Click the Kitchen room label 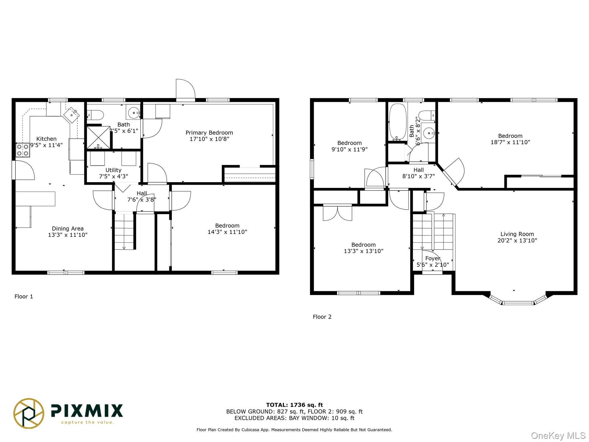46,139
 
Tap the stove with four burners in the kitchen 23,150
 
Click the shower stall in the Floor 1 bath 98,138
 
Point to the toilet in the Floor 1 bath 96,115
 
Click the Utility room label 113,170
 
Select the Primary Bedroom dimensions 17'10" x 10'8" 209,139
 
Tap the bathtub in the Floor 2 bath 398,122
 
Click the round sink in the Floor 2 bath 429,133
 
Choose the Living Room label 517,234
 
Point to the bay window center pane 518,303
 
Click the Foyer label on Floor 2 433,258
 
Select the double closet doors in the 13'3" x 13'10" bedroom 337,213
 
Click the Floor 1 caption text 24,296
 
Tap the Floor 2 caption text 322,317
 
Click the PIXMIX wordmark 87,411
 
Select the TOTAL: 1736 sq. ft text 294,405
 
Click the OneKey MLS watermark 558,436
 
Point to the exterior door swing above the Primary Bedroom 186,89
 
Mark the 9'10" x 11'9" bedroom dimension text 349,149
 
